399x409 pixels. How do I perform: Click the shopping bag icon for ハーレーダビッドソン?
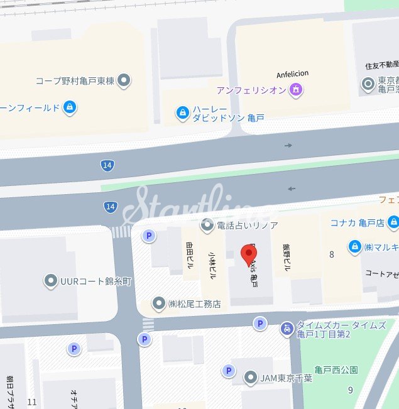[x=183, y=112]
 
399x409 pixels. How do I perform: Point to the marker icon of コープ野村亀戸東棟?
[x=124, y=80]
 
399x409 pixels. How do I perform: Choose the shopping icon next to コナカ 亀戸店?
[x=393, y=222]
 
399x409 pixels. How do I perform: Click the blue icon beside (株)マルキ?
[x=354, y=246]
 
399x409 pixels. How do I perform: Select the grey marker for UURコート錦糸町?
[x=50, y=281]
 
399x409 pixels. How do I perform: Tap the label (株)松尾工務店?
[x=194, y=304]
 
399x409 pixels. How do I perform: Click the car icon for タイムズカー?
[x=287, y=328]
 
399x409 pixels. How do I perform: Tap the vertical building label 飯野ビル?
[x=287, y=257]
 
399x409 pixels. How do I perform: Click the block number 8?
[x=331, y=254]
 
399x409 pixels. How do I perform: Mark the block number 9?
[x=351, y=390]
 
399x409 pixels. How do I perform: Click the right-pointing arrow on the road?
[x=288, y=145]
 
